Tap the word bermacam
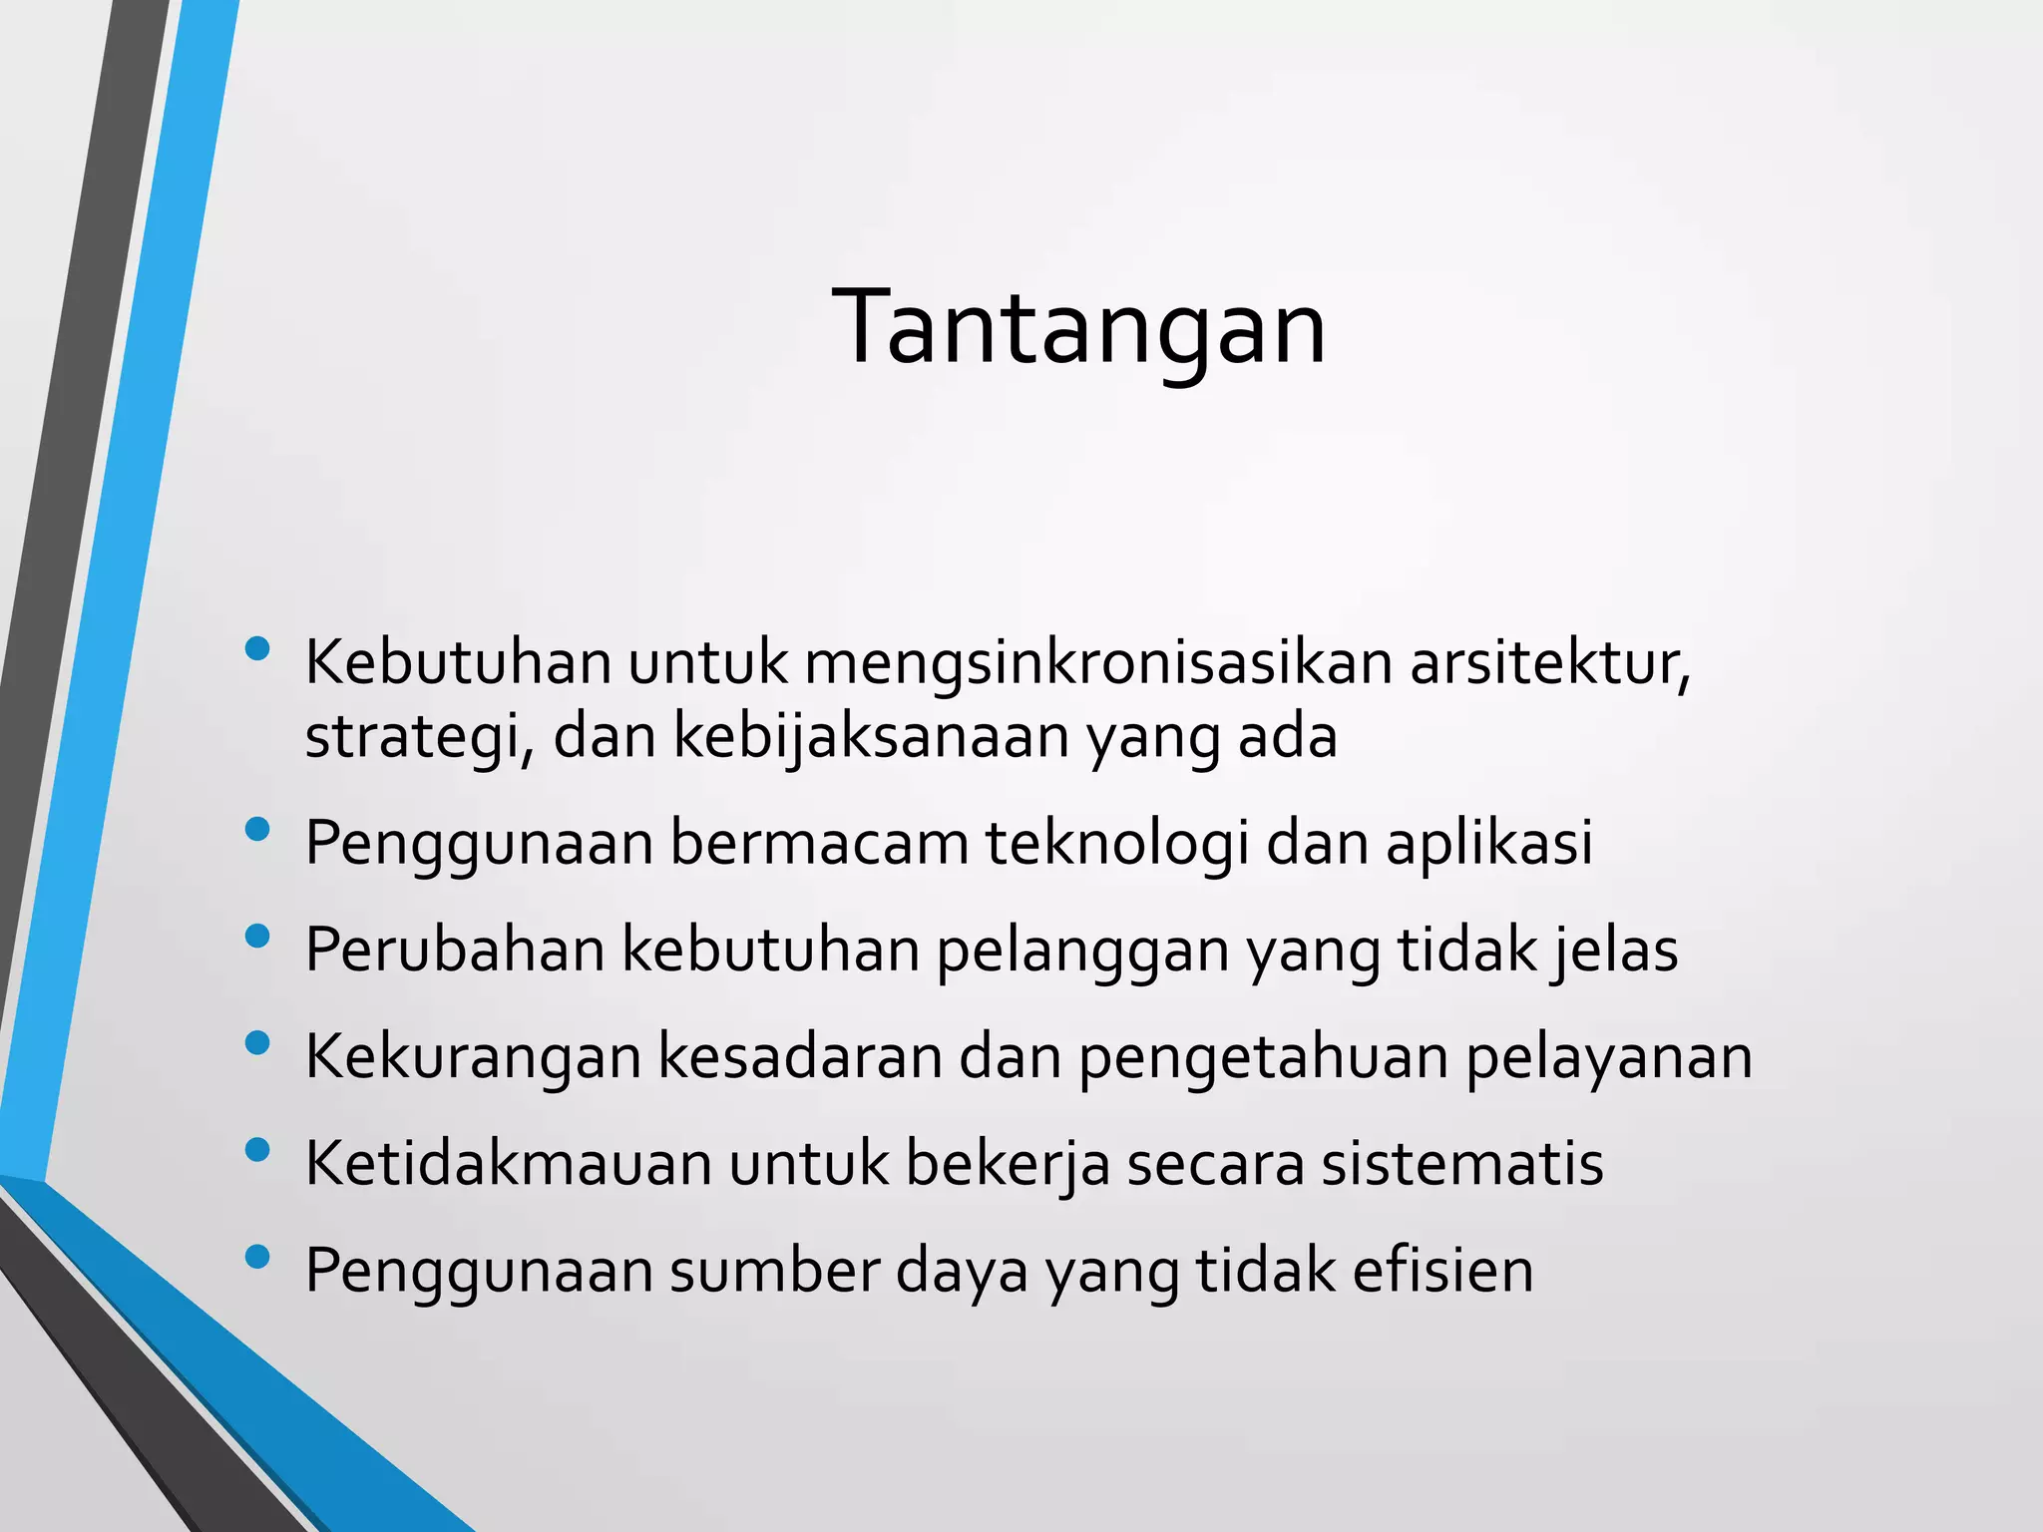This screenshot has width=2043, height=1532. pyautogui.click(x=819, y=844)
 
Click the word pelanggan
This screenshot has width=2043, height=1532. pyautogui.click(x=1082, y=951)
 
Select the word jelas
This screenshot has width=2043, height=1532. pyautogui.click(x=1615, y=951)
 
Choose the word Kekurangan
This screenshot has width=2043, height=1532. pyautogui.click(x=473, y=1057)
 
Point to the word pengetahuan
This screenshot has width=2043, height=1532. pyautogui.click(x=1263, y=1057)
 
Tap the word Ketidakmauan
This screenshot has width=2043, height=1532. pyautogui.click(x=509, y=1164)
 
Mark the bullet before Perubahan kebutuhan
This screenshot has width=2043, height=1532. pyautogui.click(x=257, y=936)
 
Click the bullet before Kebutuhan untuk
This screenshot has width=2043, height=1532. pyautogui.click(x=257, y=649)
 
